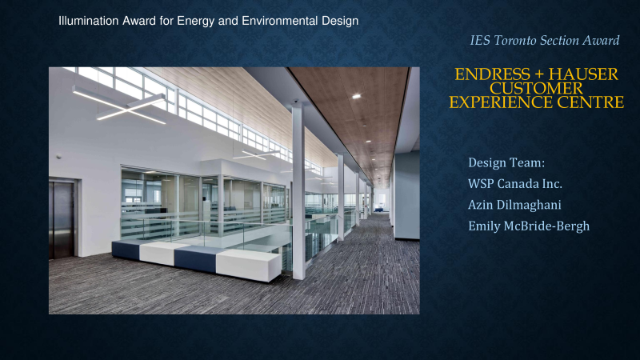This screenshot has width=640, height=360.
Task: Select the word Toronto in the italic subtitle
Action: click(x=516, y=40)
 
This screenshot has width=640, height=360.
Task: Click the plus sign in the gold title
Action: click(x=539, y=74)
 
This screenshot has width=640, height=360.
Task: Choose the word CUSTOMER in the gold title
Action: click(x=536, y=88)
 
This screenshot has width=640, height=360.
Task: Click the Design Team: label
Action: click(x=506, y=162)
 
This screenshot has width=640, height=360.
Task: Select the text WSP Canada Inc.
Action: click(x=515, y=184)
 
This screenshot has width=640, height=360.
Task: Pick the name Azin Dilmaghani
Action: click(x=514, y=205)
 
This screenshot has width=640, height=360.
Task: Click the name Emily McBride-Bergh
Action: click(x=529, y=226)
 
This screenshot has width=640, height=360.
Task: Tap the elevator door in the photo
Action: click(x=62, y=219)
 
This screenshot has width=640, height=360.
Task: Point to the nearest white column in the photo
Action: click(x=298, y=191)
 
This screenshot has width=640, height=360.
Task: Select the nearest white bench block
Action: click(x=249, y=265)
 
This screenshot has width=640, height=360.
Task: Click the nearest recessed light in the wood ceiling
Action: click(x=356, y=96)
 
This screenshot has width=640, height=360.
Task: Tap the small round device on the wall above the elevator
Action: click(x=59, y=156)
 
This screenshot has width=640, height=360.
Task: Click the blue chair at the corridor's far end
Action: click(x=378, y=210)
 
